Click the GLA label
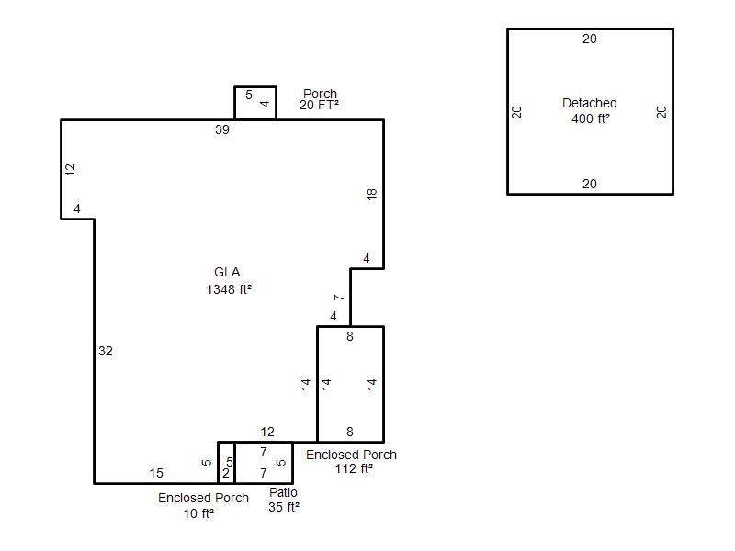click(x=227, y=272)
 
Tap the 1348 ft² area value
click(x=229, y=289)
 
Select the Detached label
click(x=590, y=103)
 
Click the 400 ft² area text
click(x=591, y=118)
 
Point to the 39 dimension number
click(x=222, y=129)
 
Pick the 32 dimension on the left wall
click(x=106, y=352)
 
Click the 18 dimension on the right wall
click(x=372, y=195)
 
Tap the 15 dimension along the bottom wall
click(x=156, y=473)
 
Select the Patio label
click(x=283, y=492)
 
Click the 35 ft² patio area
click(x=284, y=508)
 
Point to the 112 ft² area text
click(x=354, y=468)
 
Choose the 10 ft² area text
click(x=198, y=513)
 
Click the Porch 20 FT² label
click(x=320, y=99)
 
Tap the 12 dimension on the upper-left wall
click(x=70, y=170)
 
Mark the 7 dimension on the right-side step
click(x=338, y=298)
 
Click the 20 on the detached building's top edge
click(x=590, y=39)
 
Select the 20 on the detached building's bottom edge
click(x=590, y=185)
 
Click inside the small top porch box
click(x=255, y=103)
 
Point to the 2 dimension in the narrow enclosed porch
click(x=226, y=473)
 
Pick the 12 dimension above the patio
click(x=267, y=432)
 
